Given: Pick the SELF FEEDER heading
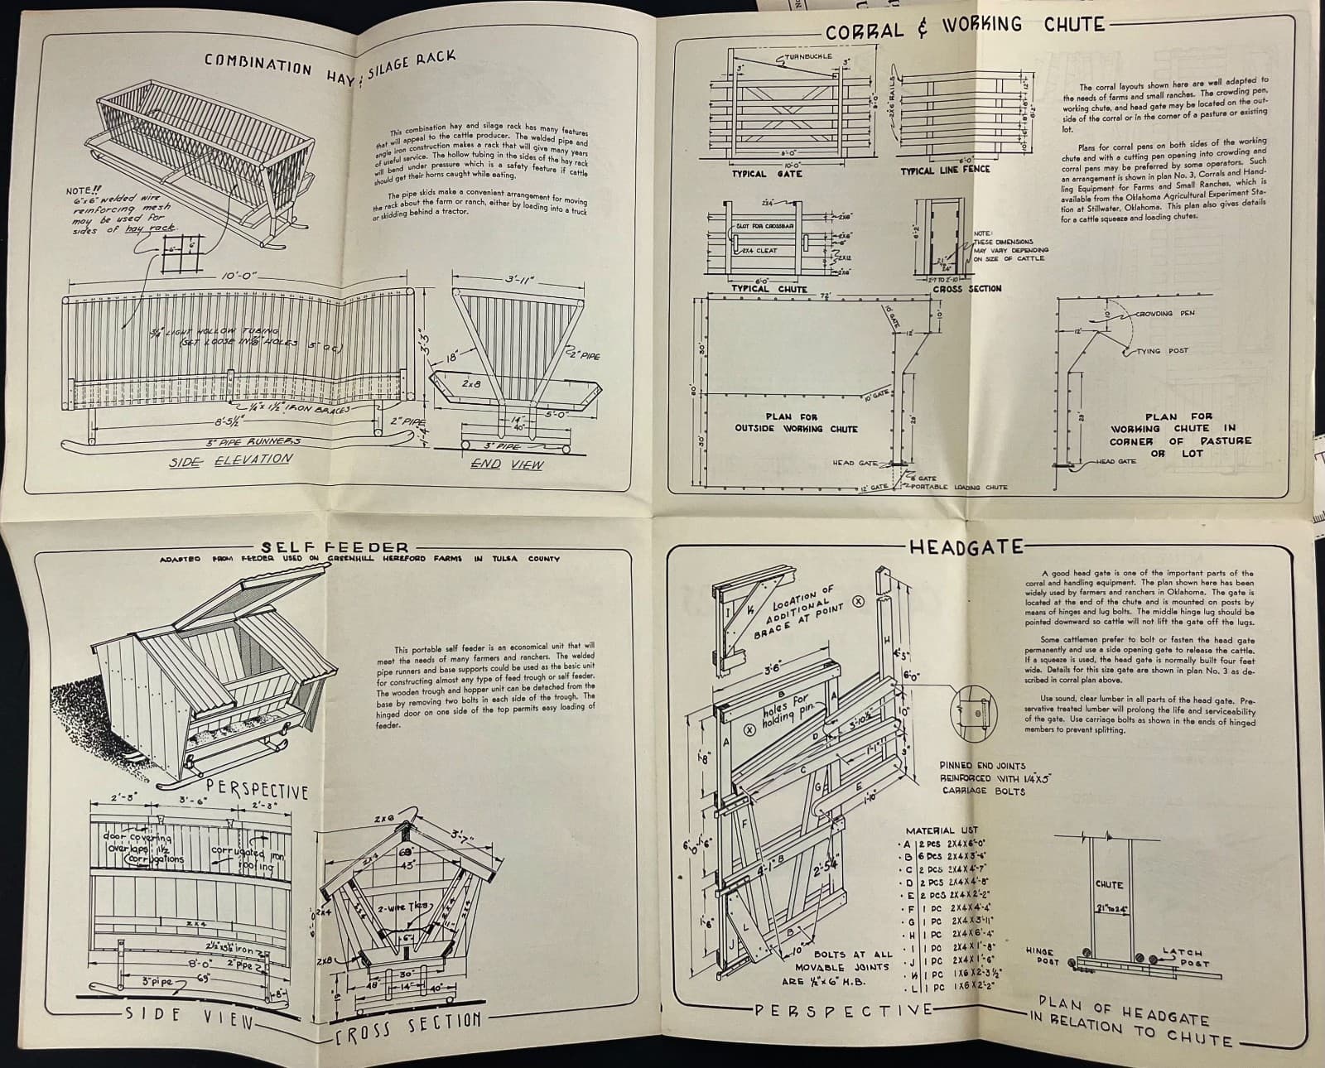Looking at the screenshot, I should (335, 547).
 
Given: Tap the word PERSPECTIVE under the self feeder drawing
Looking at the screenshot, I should (258, 790).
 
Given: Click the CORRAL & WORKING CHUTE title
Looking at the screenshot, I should (965, 26).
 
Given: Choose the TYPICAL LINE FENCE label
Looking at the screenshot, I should (945, 170).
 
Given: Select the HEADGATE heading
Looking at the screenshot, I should (966, 547).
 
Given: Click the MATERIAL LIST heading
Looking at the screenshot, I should (942, 830).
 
